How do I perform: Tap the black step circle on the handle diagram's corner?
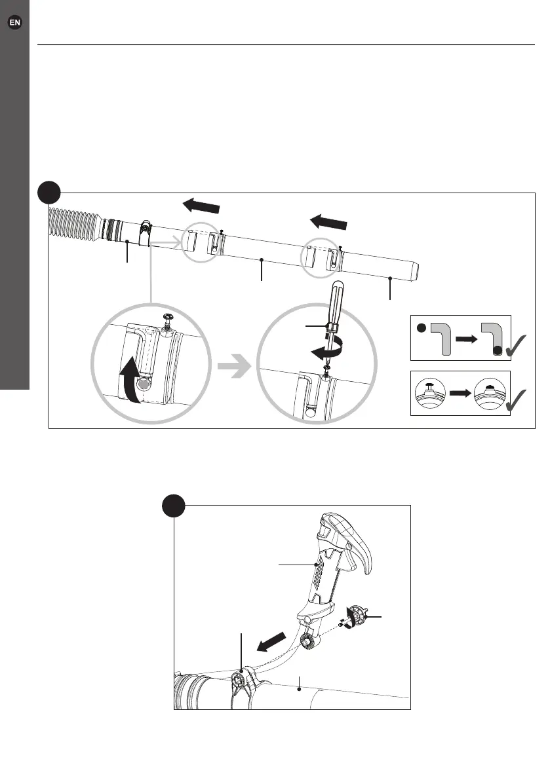173,506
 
